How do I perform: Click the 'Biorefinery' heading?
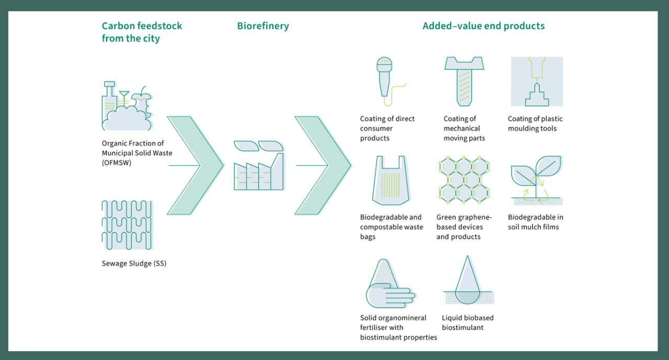coord(263,26)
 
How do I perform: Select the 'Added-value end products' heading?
coord(483,26)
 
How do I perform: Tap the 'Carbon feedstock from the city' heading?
coord(142,32)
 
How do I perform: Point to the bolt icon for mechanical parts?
coord(464,80)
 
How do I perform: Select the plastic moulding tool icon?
coord(536,82)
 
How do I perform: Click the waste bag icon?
coord(391,180)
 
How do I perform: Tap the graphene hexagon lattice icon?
coord(463,180)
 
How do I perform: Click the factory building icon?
coord(259,166)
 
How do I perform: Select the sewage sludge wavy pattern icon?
coord(127,225)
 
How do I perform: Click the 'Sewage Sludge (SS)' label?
coord(134,263)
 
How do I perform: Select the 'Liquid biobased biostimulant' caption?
coord(467,322)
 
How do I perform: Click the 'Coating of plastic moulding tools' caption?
coord(535,124)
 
